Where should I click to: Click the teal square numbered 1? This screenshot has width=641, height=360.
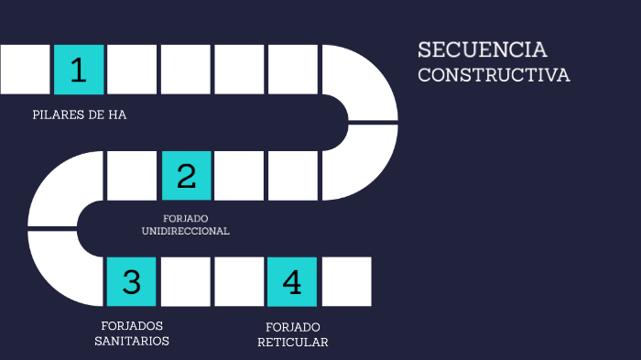(79, 70)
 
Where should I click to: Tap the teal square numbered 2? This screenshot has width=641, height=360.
(186, 175)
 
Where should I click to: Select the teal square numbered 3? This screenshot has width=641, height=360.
(132, 281)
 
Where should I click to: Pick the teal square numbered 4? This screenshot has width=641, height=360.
(292, 281)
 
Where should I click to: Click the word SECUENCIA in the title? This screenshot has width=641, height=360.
(483, 49)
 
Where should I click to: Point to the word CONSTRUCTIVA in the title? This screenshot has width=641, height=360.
(494, 75)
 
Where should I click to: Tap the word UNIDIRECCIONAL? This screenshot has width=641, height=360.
(185, 231)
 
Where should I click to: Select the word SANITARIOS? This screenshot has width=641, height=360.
(132, 341)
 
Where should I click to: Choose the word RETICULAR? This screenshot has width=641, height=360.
(292, 342)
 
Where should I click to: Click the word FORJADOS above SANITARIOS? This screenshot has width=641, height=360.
(132, 325)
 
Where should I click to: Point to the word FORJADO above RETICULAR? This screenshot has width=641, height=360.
(292, 327)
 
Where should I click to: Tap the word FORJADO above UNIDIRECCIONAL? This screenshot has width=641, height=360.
(185, 218)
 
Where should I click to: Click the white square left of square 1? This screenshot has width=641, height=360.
(25, 70)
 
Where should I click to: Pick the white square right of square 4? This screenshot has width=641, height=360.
(346, 281)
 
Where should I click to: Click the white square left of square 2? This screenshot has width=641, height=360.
(132, 175)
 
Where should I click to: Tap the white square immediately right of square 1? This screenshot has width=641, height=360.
(132, 70)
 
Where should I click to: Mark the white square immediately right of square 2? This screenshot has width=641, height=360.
(239, 175)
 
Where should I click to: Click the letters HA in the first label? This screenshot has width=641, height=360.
(116, 115)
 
